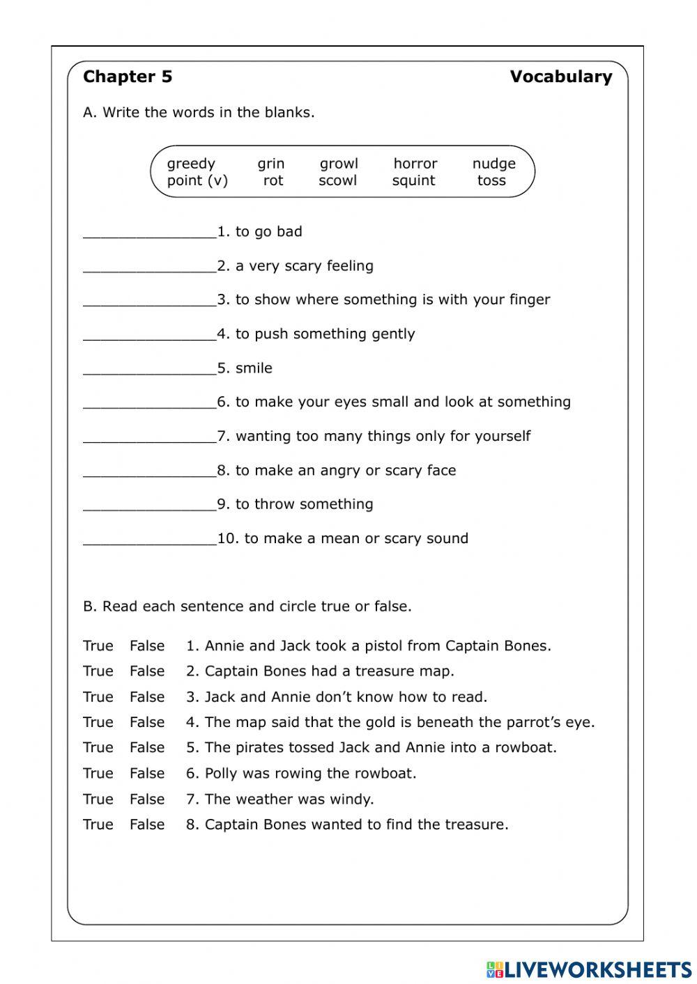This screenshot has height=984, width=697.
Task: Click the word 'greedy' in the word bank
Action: [191, 164]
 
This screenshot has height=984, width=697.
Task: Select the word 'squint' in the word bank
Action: [413, 181]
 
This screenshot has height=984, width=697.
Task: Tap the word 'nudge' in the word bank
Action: [493, 164]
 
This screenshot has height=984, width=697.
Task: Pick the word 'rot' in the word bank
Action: [273, 181]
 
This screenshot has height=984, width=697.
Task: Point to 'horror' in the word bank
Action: [415, 164]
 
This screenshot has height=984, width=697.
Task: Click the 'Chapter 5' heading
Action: [128, 77]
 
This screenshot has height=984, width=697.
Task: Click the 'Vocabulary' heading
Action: [560, 77]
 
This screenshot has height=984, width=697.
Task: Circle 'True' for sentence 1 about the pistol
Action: [98, 646]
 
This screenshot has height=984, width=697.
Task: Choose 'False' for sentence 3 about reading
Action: [147, 697]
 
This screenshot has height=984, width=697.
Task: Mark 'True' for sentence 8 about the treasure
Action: [98, 825]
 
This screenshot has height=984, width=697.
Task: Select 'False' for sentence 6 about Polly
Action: [147, 774]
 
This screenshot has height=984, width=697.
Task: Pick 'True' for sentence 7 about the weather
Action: [98, 799]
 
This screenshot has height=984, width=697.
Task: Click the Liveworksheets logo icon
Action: [495, 969]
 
